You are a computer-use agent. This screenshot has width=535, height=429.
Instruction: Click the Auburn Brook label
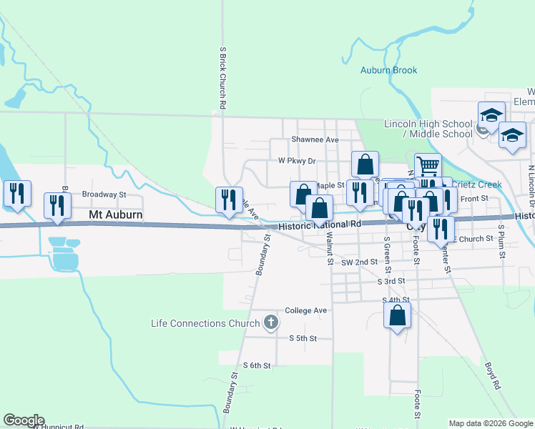click(x=388, y=70)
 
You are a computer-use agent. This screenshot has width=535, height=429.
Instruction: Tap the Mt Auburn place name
click(x=115, y=214)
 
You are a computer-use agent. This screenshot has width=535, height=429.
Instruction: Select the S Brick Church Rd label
click(x=223, y=78)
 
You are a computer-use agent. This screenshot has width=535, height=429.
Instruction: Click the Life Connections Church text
click(x=205, y=323)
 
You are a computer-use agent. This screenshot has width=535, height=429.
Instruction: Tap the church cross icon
click(x=270, y=323)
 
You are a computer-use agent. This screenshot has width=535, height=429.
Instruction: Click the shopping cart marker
click(x=428, y=167)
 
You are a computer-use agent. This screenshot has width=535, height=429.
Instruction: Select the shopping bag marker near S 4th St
click(x=397, y=315)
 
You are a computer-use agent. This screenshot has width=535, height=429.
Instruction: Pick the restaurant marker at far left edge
click(x=16, y=194)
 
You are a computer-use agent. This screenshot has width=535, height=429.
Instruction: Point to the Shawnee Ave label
click(x=315, y=139)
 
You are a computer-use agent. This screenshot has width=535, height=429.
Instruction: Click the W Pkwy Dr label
click(x=297, y=161)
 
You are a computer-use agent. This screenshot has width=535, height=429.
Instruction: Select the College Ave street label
click(x=305, y=310)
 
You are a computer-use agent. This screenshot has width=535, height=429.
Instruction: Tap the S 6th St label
click(x=257, y=365)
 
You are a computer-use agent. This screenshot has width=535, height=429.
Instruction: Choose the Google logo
click(x=24, y=420)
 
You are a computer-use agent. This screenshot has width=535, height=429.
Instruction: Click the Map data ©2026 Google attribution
click(x=490, y=423)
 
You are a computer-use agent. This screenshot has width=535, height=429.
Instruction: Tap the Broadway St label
click(x=104, y=194)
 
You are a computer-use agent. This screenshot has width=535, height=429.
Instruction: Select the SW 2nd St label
click(x=359, y=262)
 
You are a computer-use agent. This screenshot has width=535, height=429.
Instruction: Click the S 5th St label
click(x=303, y=338)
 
